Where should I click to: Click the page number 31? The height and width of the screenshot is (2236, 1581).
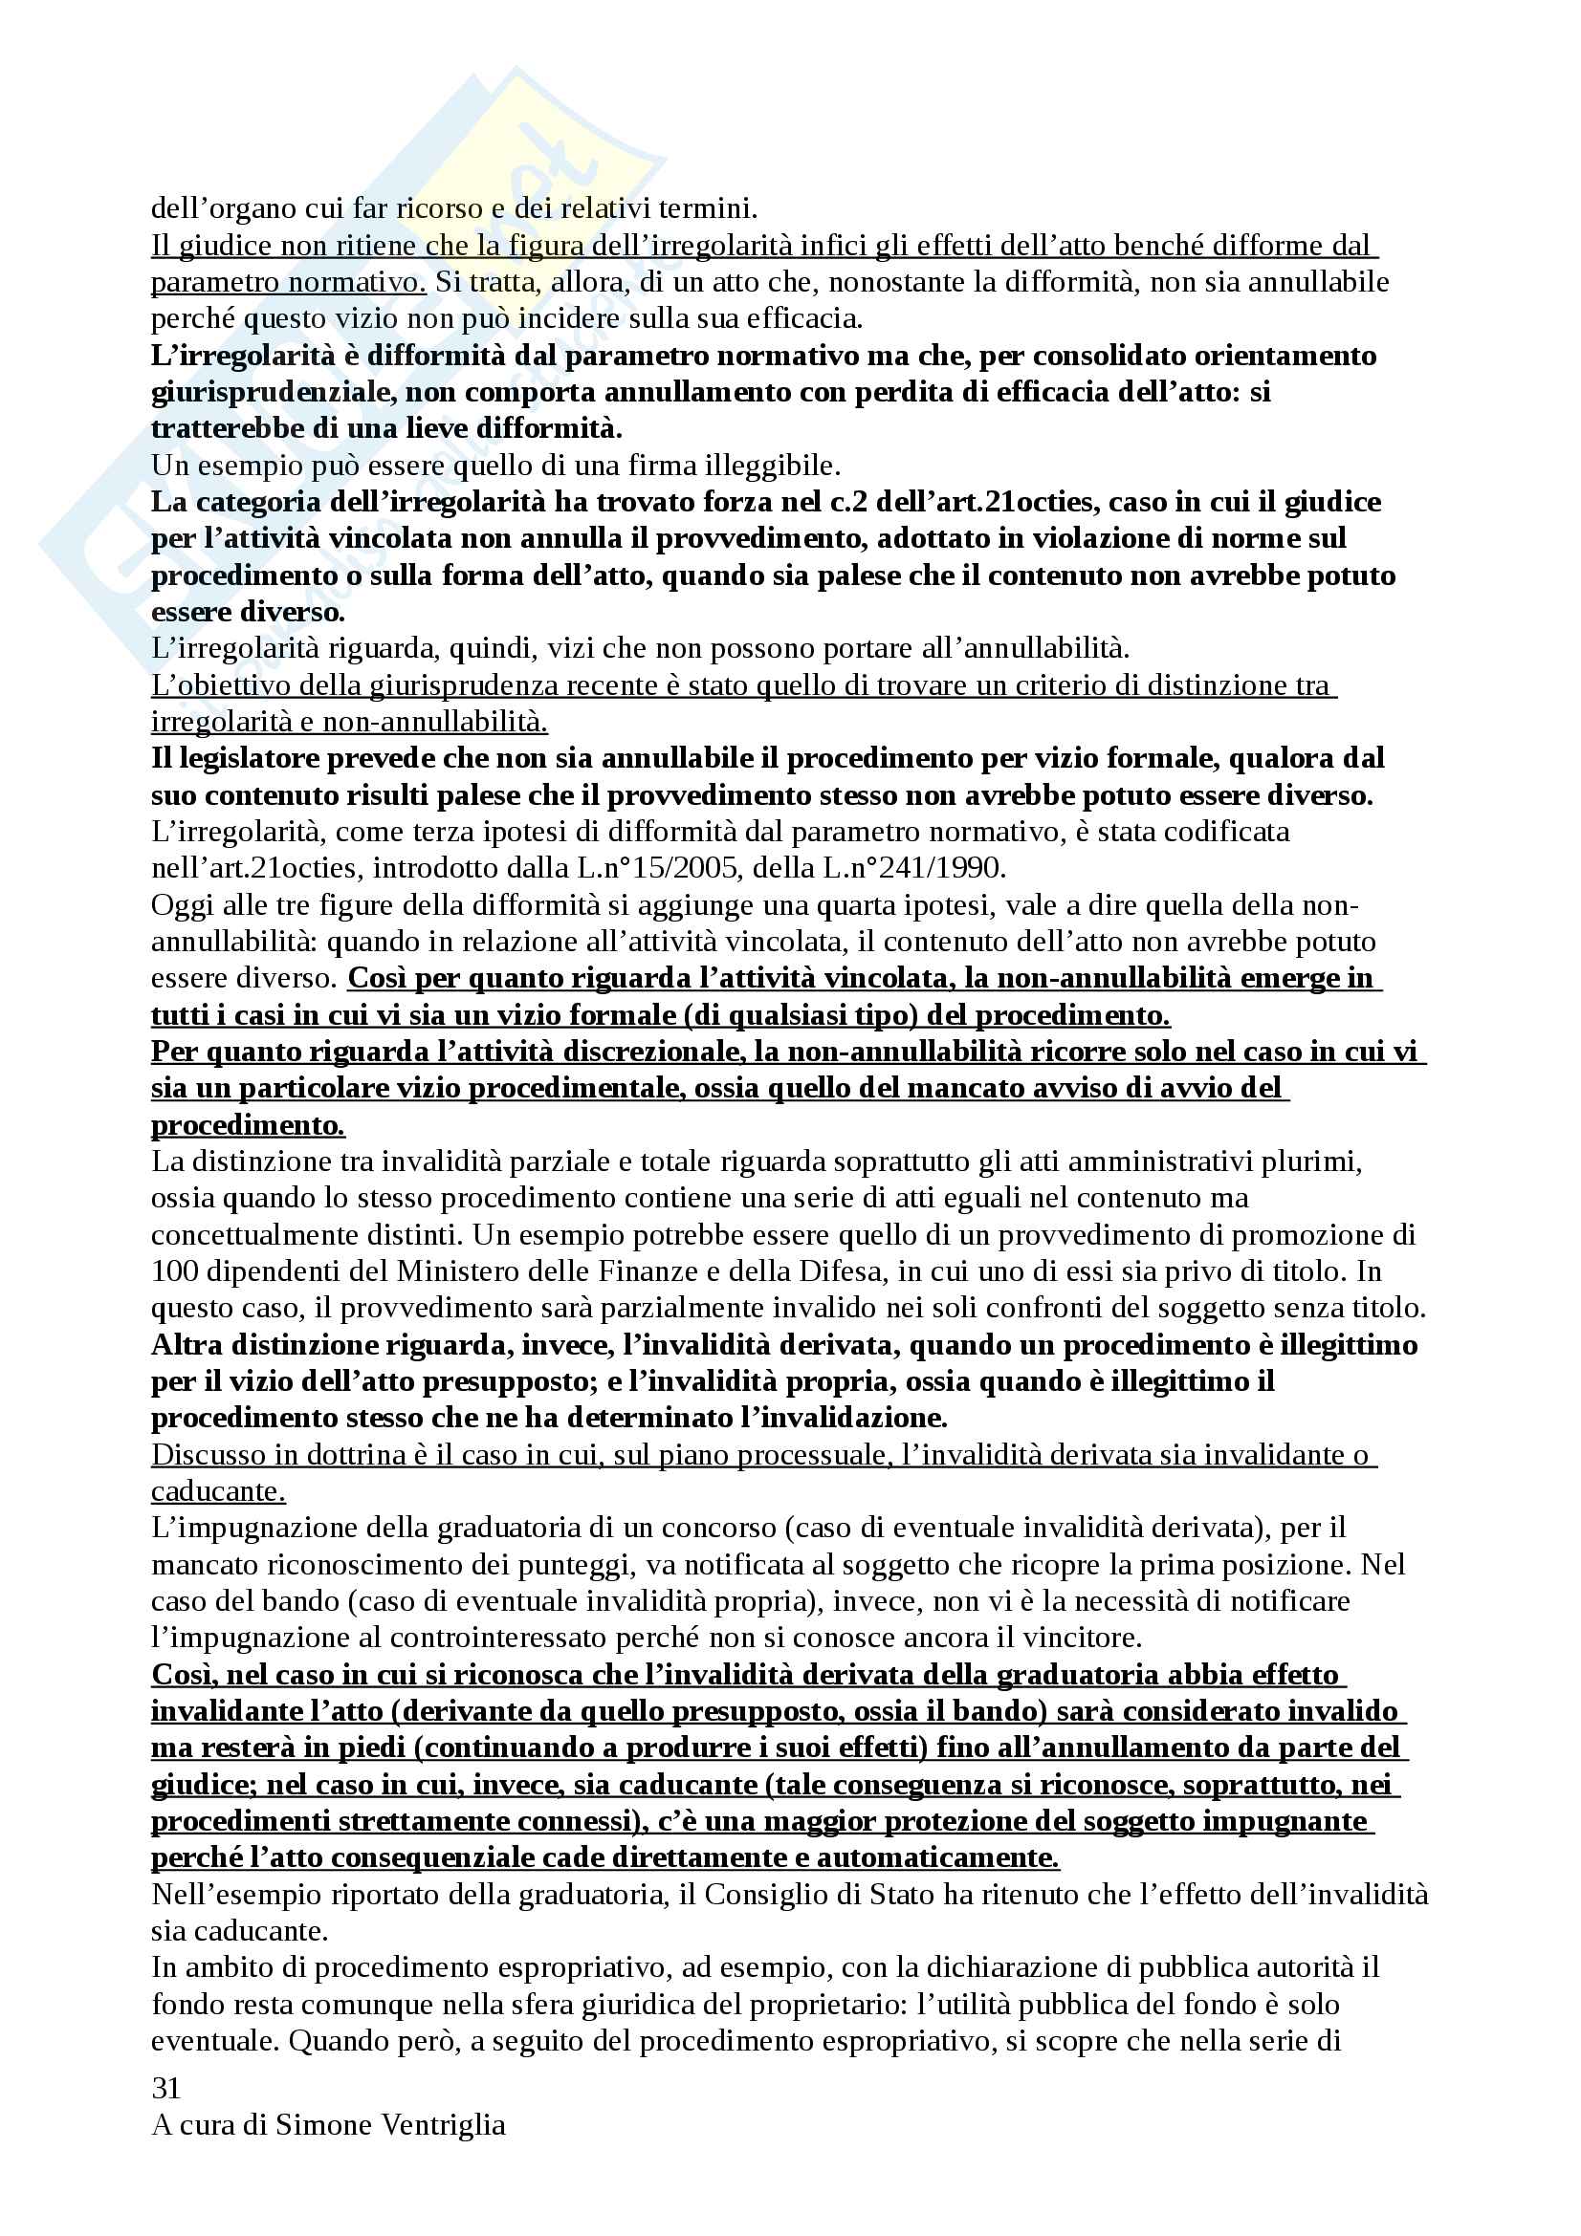165,2087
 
